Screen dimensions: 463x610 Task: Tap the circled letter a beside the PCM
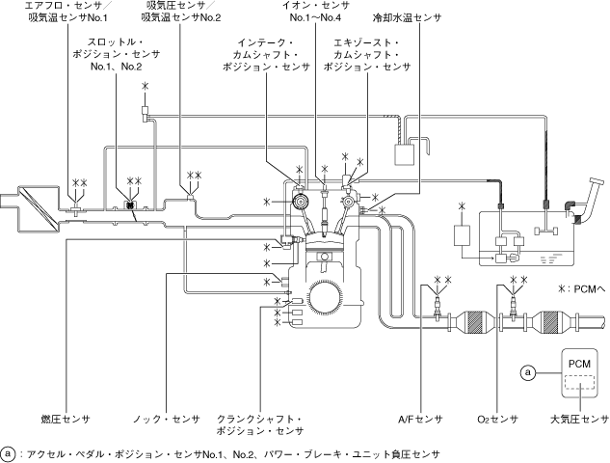527,370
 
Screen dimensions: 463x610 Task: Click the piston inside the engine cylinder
327,259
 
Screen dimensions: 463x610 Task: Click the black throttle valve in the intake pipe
130,205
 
